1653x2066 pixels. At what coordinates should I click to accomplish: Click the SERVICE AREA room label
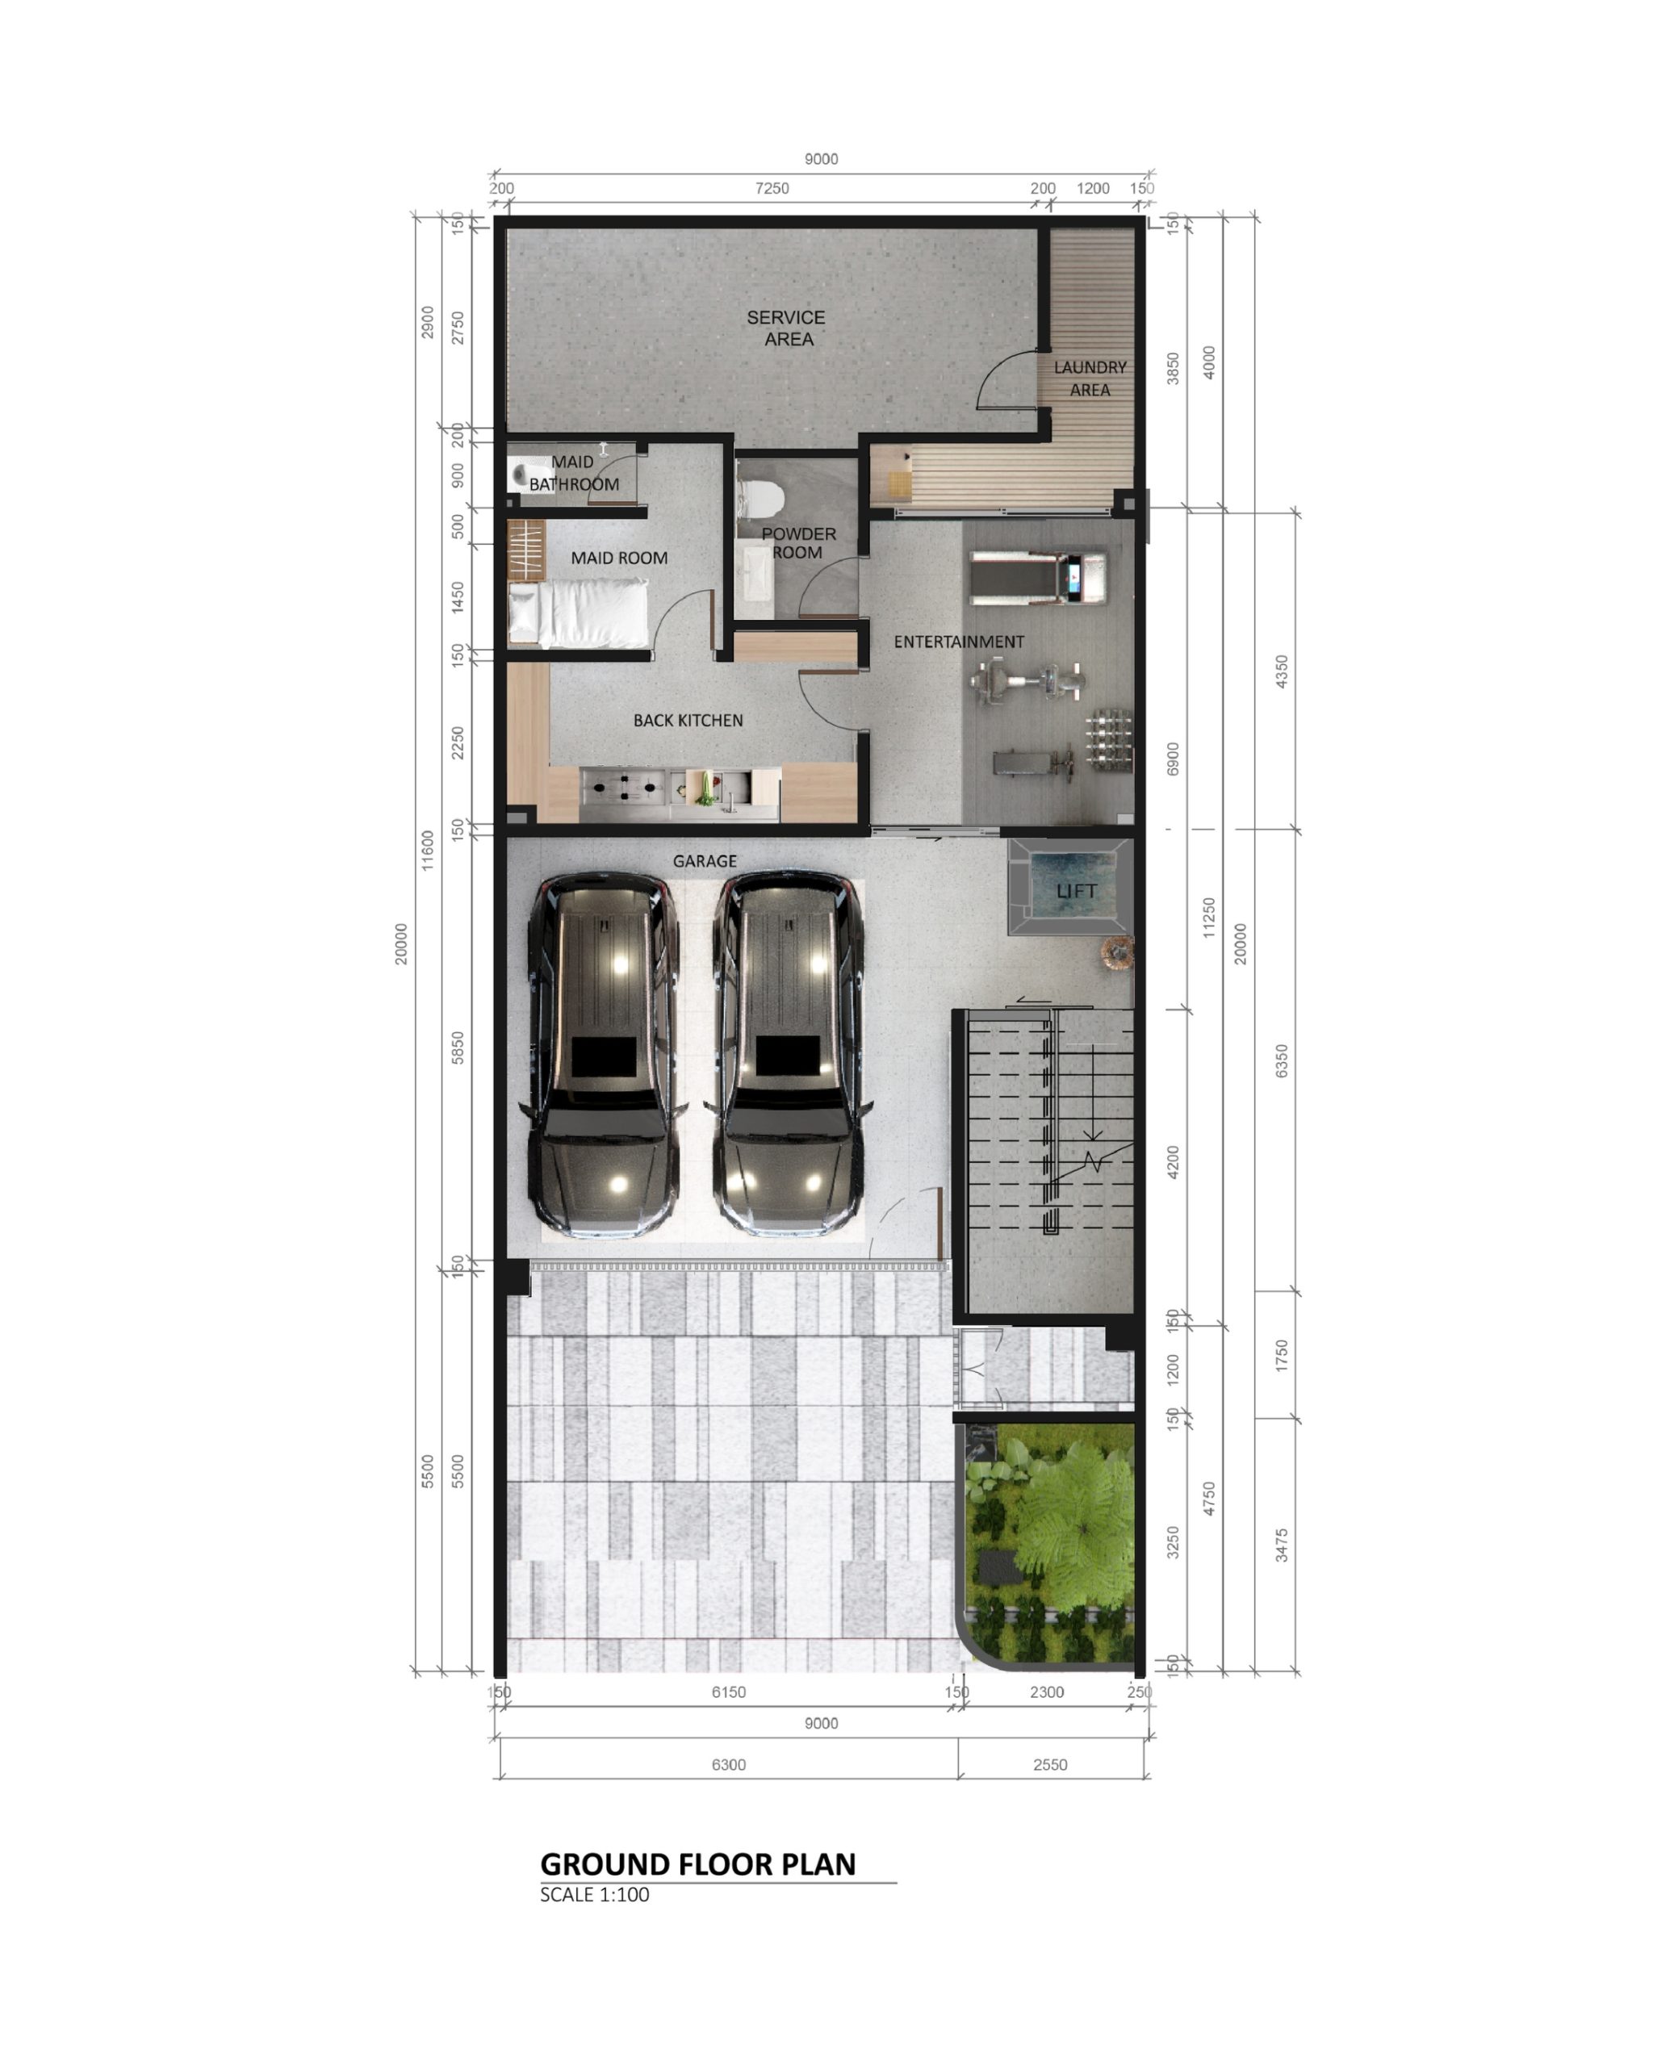(786, 328)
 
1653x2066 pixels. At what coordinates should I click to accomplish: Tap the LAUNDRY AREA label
(1090, 378)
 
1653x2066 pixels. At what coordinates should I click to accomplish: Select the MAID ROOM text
(619, 558)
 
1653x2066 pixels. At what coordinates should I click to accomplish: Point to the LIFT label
(1076, 891)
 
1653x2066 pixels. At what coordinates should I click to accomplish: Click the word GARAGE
(705, 860)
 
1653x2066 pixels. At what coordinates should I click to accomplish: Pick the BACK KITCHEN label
(687, 720)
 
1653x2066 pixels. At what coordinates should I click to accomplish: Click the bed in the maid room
(578, 614)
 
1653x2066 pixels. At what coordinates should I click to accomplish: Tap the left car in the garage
(603, 1053)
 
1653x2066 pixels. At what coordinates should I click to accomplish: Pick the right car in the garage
(789, 1053)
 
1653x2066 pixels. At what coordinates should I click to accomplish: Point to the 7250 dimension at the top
(772, 188)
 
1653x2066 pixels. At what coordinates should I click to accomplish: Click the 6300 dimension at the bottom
(728, 1764)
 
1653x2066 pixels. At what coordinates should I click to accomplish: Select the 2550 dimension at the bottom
(1050, 1764)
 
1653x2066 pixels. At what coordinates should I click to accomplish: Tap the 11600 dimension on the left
(428, 850)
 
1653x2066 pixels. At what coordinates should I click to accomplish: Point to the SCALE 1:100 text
(594, 1894)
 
